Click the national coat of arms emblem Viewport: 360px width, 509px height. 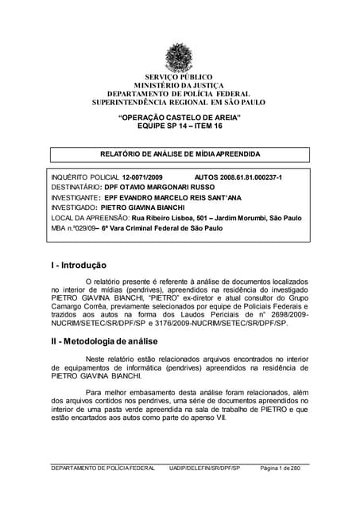point(179,56)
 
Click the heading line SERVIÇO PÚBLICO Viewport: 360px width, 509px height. point(179,76)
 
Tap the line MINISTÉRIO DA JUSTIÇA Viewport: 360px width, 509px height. point(179,85)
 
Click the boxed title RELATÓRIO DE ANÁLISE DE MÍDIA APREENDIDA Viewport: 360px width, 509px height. point(180,153)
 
